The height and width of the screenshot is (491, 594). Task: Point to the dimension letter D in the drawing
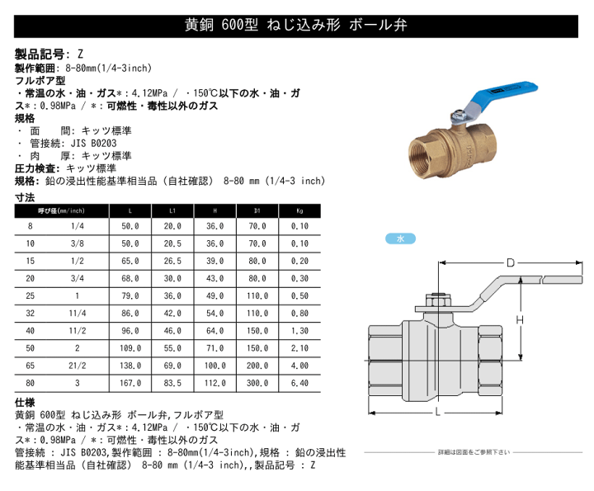(x=510, y=262)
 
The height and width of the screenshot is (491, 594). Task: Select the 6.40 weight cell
(x=300, y=383)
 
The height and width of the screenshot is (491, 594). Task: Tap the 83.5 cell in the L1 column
(x=172, y=383)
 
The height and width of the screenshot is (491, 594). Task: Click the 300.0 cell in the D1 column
(x=258, y=383)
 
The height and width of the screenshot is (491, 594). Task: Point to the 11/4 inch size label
(x=77, y=314)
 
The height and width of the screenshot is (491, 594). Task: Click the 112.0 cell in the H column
(x=215, y=383)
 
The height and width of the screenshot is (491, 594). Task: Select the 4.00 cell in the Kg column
(x=300, y=366)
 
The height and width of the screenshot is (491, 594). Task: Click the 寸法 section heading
(x=25, y=198)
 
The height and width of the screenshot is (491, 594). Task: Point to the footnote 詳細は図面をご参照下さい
(x=474, y=452)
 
